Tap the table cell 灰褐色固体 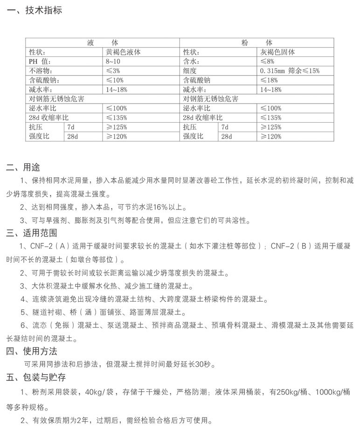point(277,52)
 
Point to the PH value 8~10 point(113,61)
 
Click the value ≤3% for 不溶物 point(113,70)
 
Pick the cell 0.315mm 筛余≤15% point(290,70)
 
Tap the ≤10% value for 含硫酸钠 point(115,80)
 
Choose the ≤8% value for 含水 point(267,61)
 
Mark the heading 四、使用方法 point(31,351)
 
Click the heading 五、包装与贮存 point(35,377)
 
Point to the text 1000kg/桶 point(332,391)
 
